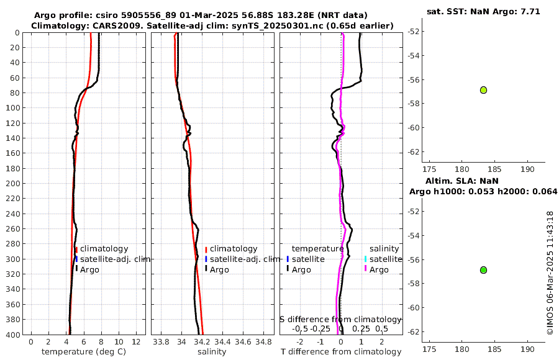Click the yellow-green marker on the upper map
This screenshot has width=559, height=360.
click(483, 90)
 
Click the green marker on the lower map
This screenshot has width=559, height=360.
click(483, 270)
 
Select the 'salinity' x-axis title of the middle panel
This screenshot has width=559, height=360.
click(211, 352)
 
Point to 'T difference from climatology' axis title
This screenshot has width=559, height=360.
click(341, 352)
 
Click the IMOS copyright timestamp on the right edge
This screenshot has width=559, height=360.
click(550, 273)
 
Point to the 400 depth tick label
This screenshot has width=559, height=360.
click(12, 335)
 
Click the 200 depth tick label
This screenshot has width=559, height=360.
click(12, 183)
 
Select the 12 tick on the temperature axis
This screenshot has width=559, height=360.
click(136, 341)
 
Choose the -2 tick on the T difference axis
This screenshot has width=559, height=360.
click(301, 341)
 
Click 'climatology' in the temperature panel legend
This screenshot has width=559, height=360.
click(104, 249)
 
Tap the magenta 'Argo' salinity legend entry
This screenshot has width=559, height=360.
click(378, 270)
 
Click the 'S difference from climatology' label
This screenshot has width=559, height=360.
click(341, 319)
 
